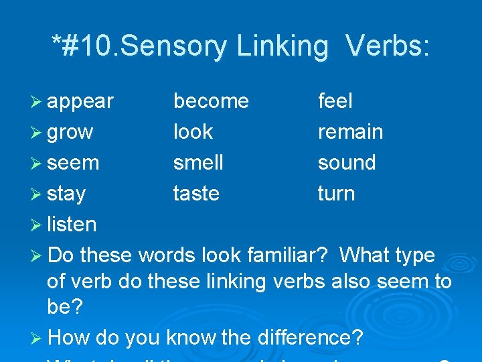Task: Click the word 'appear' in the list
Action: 80,102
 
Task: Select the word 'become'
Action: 211,101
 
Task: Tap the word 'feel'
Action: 335,101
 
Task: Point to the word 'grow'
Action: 70,133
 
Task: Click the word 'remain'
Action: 350,132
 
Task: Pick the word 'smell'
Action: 198,163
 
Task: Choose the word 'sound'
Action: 347,163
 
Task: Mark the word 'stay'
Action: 66,194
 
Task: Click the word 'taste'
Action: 196,194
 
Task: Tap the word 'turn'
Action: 336,194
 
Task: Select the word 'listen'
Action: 72,225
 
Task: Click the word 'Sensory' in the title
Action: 187,46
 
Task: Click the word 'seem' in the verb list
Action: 73,164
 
